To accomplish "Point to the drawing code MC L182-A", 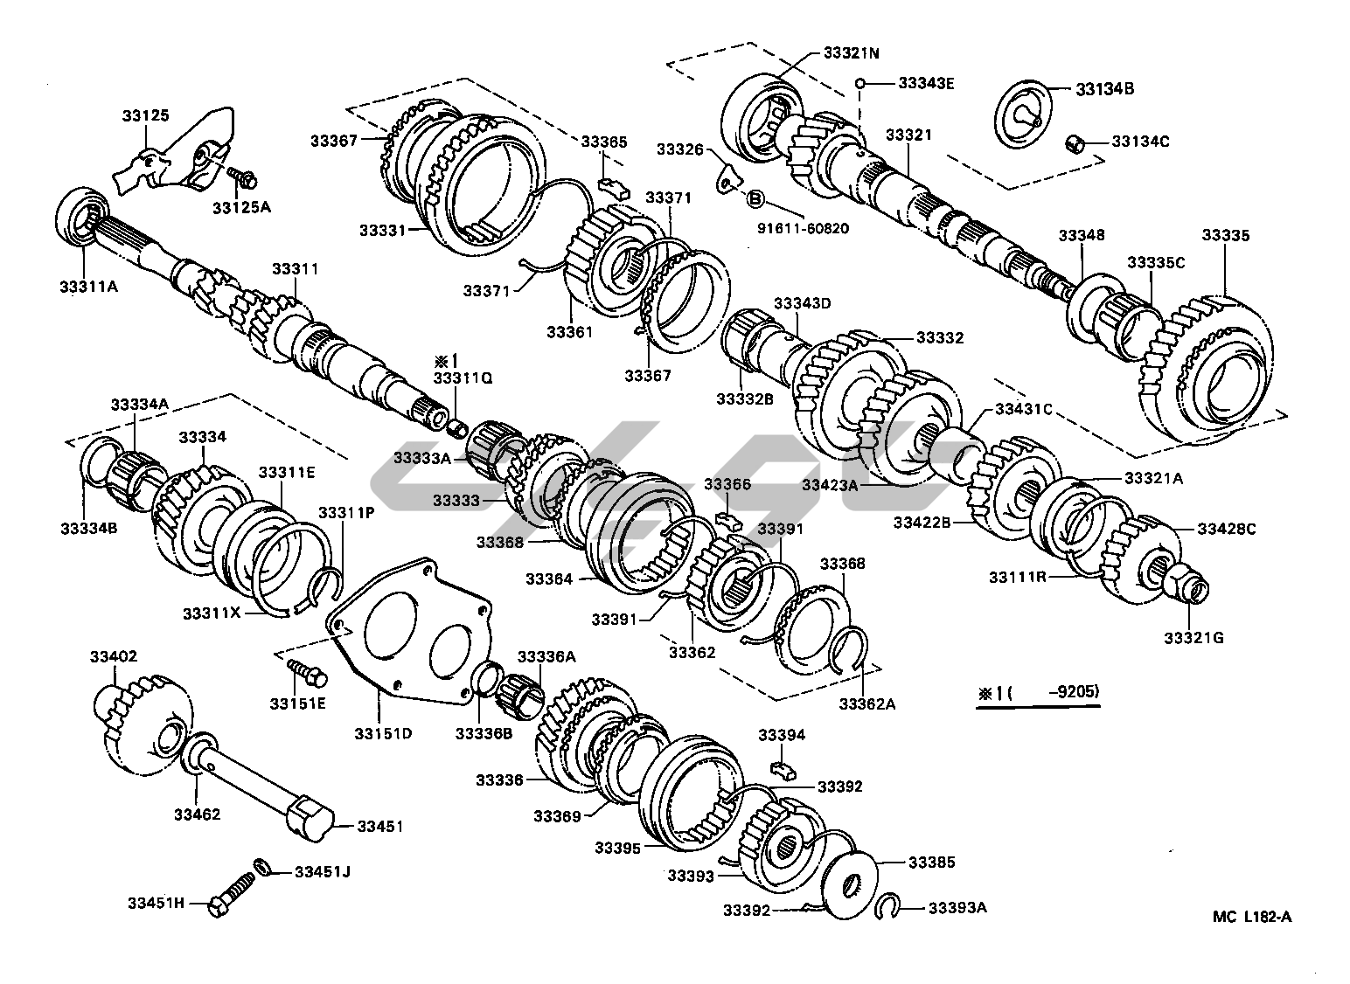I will (x=1251, y=917).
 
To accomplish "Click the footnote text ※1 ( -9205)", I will (x=1038, y=692).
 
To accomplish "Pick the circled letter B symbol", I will (x=754, y=199).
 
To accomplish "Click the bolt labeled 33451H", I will (x=229, y=901).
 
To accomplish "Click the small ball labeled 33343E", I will (x=860, y=84).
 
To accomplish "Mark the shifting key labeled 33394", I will (x=783, y=768).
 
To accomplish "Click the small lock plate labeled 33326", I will (x=725, y=178).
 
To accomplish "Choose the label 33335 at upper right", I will (x=1225, y=235).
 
